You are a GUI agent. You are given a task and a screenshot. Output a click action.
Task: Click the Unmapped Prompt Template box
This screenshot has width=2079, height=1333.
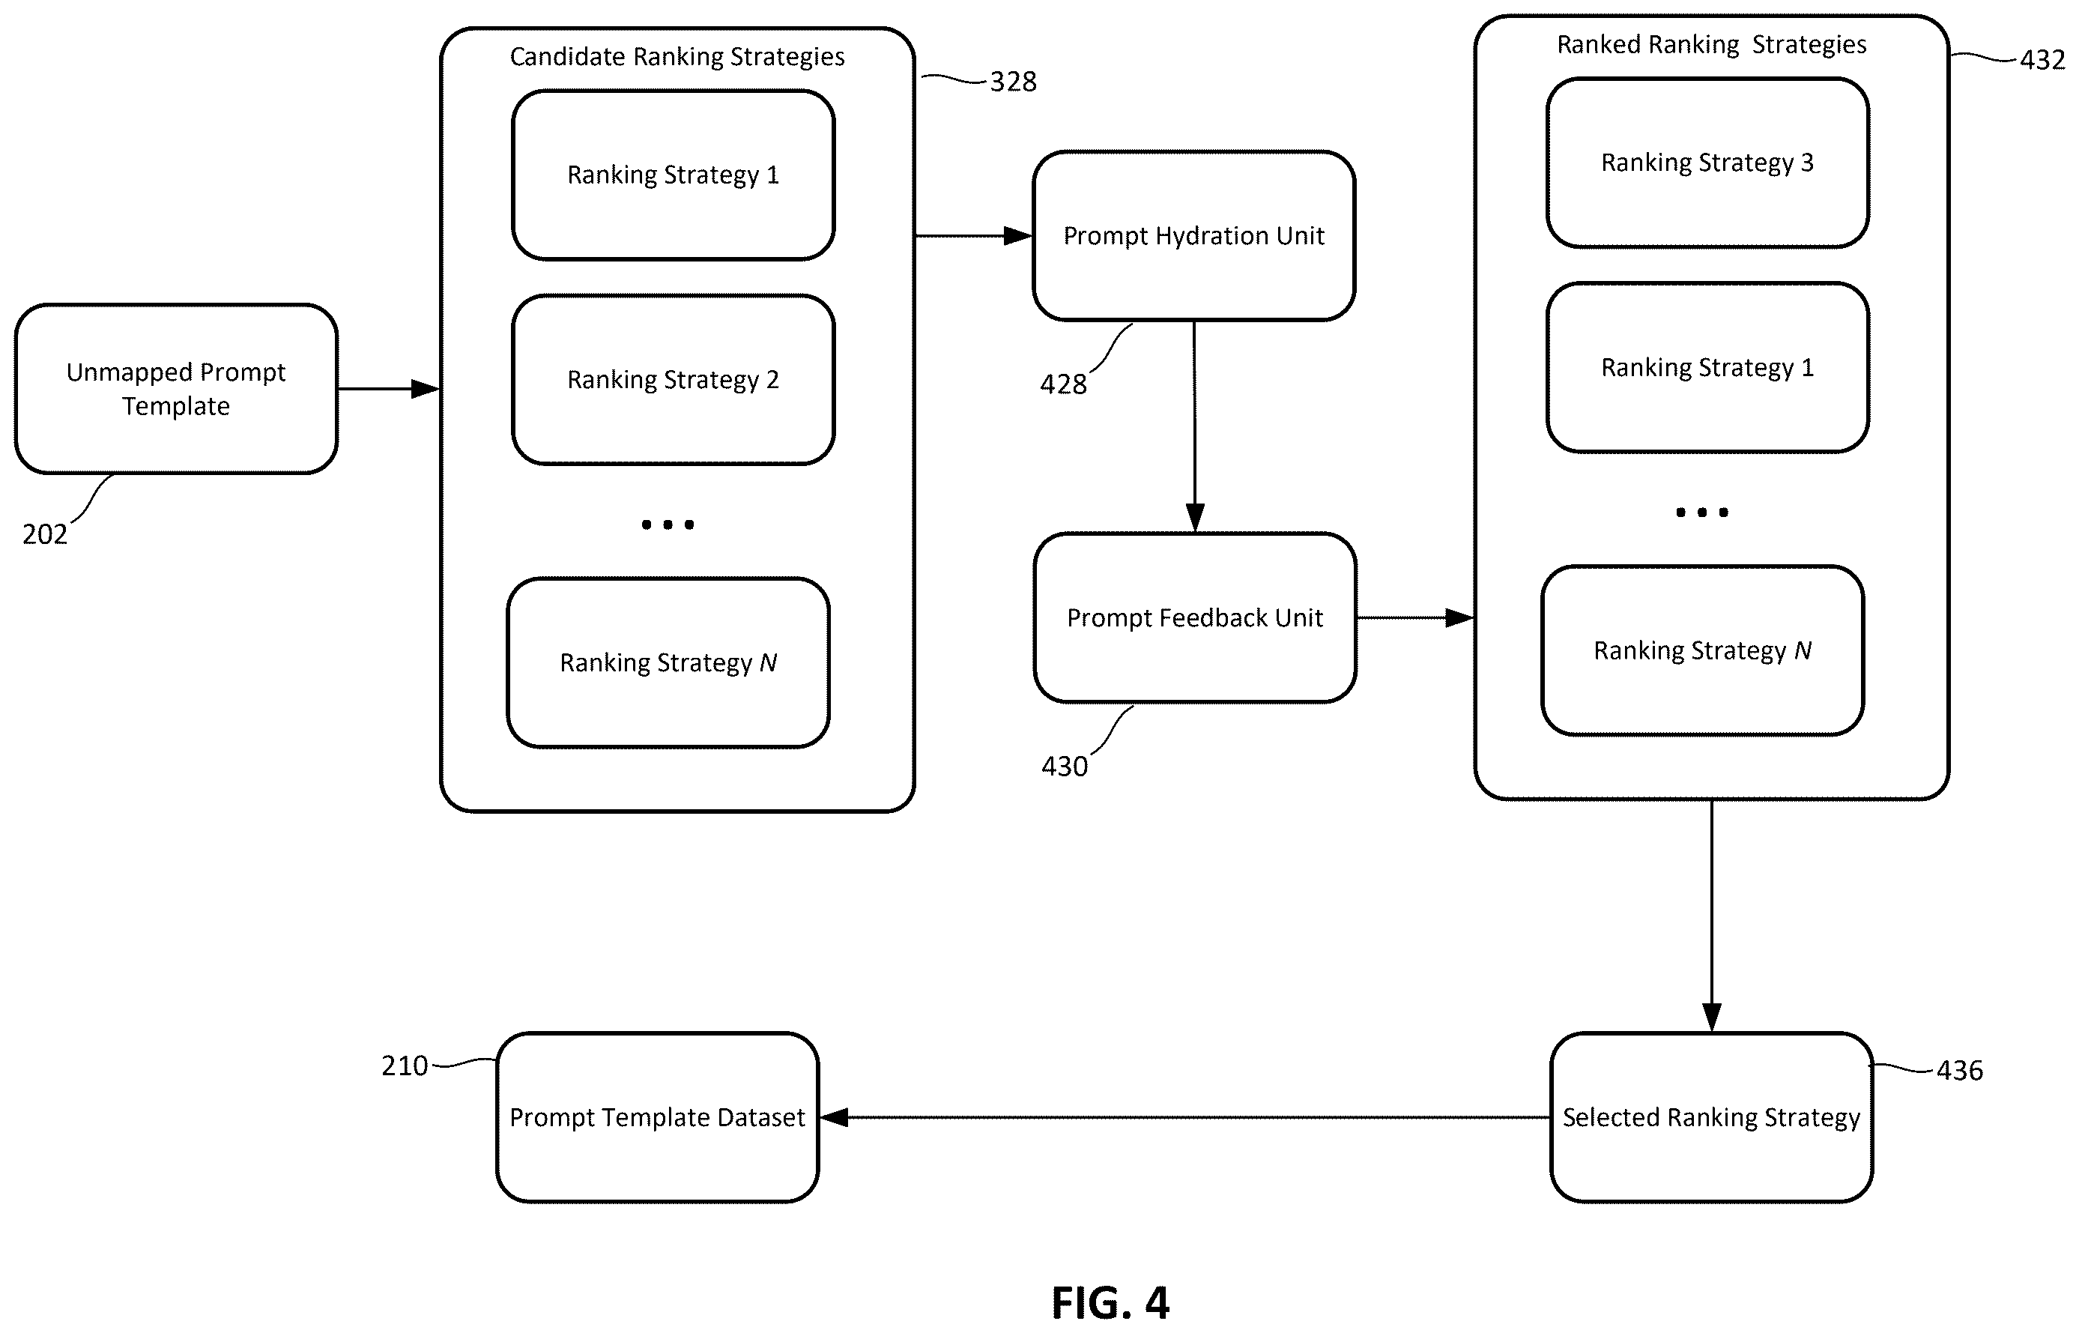pyautogui.click(x=176, y=389)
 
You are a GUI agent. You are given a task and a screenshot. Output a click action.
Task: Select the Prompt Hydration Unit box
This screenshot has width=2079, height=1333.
pyautogui.click(x=1193, y=235)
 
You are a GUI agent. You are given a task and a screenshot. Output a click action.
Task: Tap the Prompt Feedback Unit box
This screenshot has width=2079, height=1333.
pyautogui.click(x=1194, y=617)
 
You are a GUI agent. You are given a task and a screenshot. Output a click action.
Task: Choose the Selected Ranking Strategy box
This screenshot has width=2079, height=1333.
pyautogui.click(x=1711, y=1116)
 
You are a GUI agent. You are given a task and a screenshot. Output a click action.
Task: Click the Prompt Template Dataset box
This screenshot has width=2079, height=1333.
pyautogui.click(x=657, y=1116)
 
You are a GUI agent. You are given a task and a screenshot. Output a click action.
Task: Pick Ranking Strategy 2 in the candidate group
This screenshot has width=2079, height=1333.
pyautogui.click(x=673, y=379)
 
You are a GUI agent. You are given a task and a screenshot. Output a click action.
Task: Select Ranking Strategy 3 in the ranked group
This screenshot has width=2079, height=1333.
pyautogui.click(x=1707, y=162)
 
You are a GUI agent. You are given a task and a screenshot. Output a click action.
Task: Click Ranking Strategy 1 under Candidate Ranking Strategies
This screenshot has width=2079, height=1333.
pyautogui.click(x=673, y=174)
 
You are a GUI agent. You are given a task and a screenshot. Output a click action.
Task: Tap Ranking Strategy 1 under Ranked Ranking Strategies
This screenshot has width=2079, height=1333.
pyautogui.click(x=1707, y=367)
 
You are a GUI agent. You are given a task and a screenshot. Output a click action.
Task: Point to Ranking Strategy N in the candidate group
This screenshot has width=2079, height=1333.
pyautogui.click(x=668, y=662)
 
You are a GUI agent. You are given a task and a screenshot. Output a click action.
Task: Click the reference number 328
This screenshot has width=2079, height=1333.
pyautogui.click(x=1013, y=82)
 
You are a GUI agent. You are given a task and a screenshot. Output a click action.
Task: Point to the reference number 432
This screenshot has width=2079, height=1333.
pyautogui.click(x=2042, y=60)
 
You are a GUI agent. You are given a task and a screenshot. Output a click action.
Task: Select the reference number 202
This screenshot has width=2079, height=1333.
pyautogui.click(x=45, y=534)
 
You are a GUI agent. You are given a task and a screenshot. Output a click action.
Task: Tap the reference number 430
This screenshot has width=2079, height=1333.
pyautogui.click(x=1064, y=766)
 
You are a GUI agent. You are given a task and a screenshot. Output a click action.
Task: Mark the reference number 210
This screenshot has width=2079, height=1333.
pyautogui.click(x=405, y=1066)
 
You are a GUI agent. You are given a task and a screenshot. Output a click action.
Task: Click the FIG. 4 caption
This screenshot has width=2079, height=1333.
pyautogui.click(x=1110, y=1302)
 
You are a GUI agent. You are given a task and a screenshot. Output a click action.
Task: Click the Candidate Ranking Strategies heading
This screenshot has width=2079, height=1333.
pyautogui.click(x=677, y=56)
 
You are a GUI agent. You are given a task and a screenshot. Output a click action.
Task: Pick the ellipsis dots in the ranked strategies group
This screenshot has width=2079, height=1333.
pyautogui.click(x=1701, y=513)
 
